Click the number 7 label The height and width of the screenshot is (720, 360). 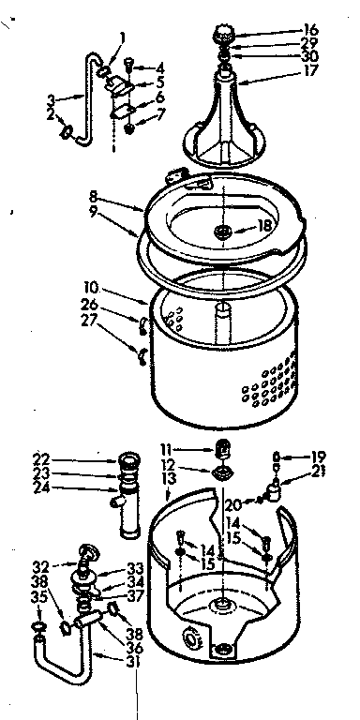click(x=160, y=114)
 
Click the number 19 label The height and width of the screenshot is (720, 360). click(x=319, y=457)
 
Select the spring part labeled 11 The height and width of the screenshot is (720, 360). click(x=223, y=447)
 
